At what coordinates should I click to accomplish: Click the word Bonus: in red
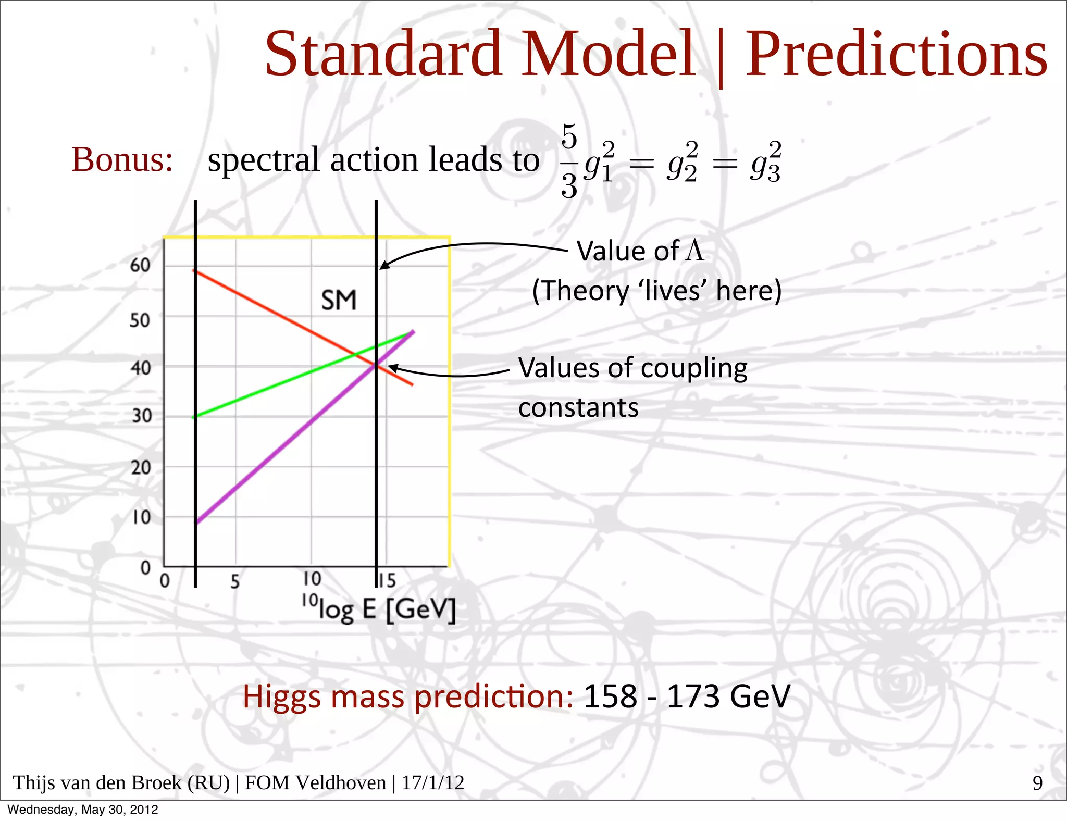click(x=122, y=159)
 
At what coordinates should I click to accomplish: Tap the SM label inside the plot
click(x=339, y=301)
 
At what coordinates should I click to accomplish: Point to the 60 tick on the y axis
click(x=140, y=265)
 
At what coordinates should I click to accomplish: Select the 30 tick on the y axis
click(x=141, y=416)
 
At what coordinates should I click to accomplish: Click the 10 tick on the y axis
click(x=141, y=517)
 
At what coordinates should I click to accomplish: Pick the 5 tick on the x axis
click(x=235, y=581)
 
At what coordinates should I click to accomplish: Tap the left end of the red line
click(x=194, y=270)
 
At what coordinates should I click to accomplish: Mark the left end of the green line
click(x=194, y=417)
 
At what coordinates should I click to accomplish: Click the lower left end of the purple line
click(x=196, y=523)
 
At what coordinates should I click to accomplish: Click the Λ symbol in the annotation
click(x=694, y=251)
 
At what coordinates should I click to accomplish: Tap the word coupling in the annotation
click(x=694, y=369)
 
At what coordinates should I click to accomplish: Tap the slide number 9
click(x=1037, y=783)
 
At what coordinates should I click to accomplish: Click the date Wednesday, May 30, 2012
click(x=83, y=810)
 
